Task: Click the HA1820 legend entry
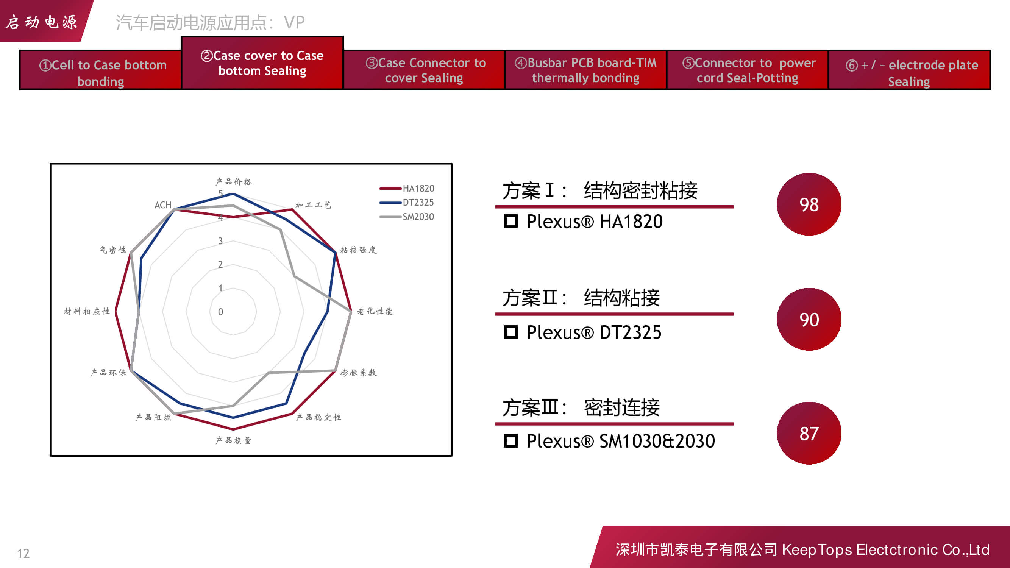point(407,189)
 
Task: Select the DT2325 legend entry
point(407,203)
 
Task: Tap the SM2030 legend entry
point(407,217)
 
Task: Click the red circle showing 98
point(809,204)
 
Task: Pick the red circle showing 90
point(809,319)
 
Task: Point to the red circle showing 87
point(809,433)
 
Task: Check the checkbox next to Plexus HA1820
point(510,221)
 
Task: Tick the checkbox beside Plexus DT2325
point(510,332)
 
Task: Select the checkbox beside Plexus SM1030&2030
point(510,441)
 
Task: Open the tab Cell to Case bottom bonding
point(100,70)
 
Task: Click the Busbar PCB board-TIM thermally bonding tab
point(585,70)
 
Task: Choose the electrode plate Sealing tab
point(909,70)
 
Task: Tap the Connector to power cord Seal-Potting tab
point(747,70)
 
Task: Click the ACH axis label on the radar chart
point(163,205)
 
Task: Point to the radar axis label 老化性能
point(375,311)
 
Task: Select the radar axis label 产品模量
point(233,441)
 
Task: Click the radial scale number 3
point(220,241)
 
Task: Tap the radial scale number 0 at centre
point(220,312)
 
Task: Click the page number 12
point(23,553)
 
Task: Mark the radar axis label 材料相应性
point(87,311)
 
